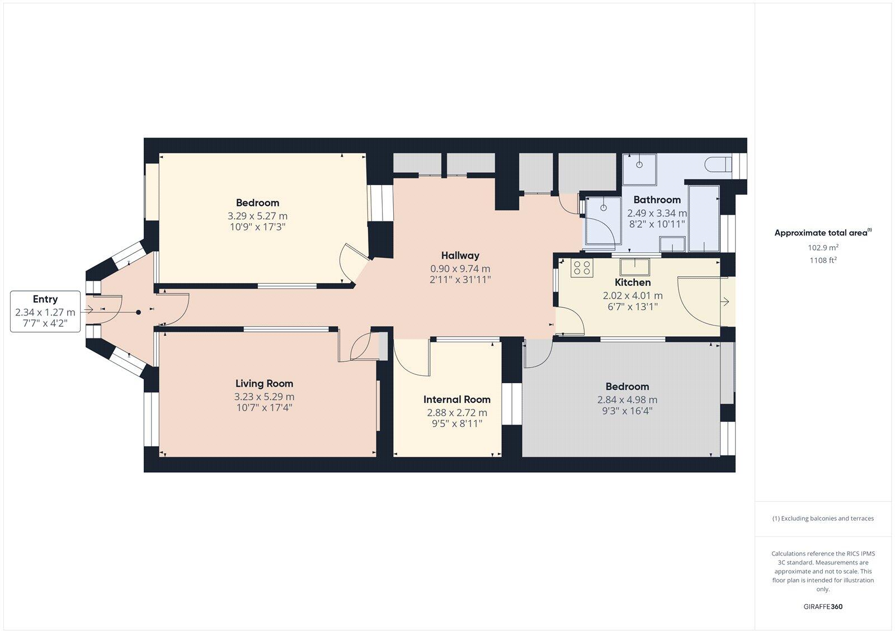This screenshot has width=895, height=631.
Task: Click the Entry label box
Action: (45, 312)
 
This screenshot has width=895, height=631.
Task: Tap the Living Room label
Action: (264, 384)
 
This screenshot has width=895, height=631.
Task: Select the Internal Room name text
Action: (456, 399)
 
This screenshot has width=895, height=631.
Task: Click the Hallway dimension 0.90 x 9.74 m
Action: (460, 269)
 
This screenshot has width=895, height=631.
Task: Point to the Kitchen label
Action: (633, 282)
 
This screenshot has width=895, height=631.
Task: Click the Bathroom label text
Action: (657, 200)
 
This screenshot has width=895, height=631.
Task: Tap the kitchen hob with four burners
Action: (581, 269)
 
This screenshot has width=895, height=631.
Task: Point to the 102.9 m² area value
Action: (823, 247)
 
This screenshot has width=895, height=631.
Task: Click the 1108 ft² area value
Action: (823, 260)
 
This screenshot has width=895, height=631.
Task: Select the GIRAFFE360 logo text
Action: (823, 606)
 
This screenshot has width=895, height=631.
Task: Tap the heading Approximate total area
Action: (821, 233)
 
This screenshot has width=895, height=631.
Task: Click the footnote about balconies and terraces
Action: (823, 519)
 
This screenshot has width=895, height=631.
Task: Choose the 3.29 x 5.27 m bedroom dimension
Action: (257, 216)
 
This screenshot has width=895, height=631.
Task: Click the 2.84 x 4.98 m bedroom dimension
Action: (627, 400)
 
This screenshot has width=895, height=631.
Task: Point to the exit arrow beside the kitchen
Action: (725, 302)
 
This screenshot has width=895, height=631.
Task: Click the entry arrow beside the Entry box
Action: (87, 309)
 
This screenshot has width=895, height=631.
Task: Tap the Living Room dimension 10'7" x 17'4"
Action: (264, 408)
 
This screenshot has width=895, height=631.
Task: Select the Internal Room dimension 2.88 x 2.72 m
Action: (456, 413)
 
